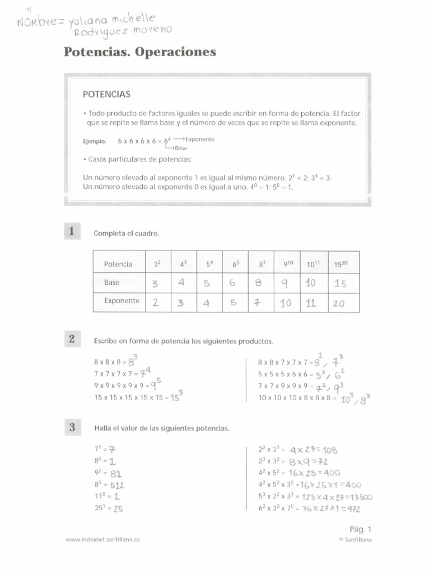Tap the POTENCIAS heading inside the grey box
(x=106, y=94)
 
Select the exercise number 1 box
(x=72, y=232)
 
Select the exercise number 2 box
(x=72, y=339)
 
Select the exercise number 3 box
(x=72, y=427)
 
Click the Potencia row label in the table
(x=118, y=264)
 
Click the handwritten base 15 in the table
(x=340, y=284)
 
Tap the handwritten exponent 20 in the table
(x=339, y=303)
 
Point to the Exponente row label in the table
(x=121, y=301)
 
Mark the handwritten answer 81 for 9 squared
(x=116, y=473)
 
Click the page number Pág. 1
(x=360, y=529)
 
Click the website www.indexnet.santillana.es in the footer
(x=102, y=540)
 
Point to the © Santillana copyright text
(x=355, y=540)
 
